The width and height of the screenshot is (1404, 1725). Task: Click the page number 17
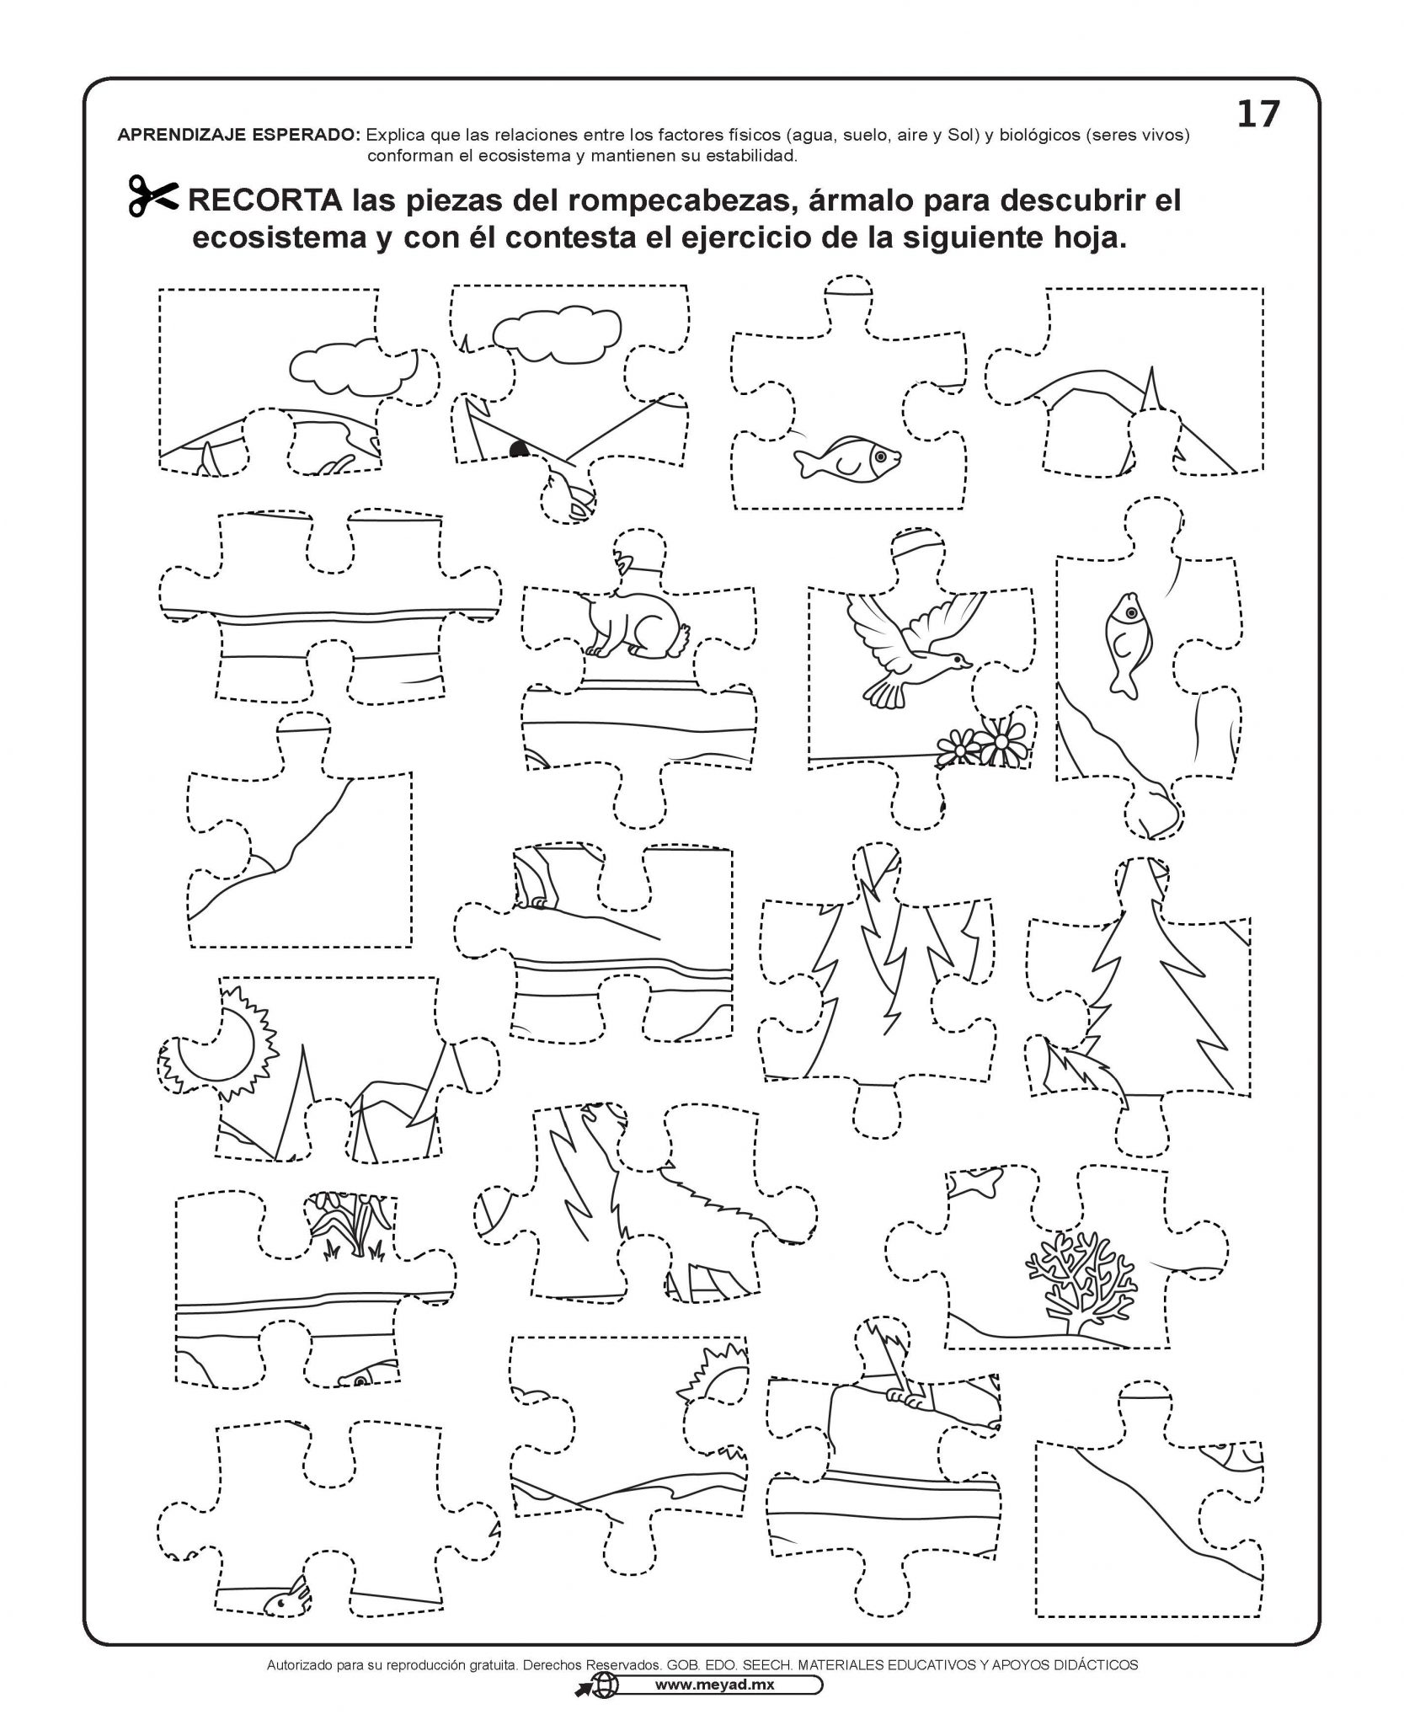coord(1257,115)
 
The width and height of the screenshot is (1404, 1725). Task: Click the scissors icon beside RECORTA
coord(152,198)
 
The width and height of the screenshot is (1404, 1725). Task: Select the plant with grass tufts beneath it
coord(350,1228)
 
